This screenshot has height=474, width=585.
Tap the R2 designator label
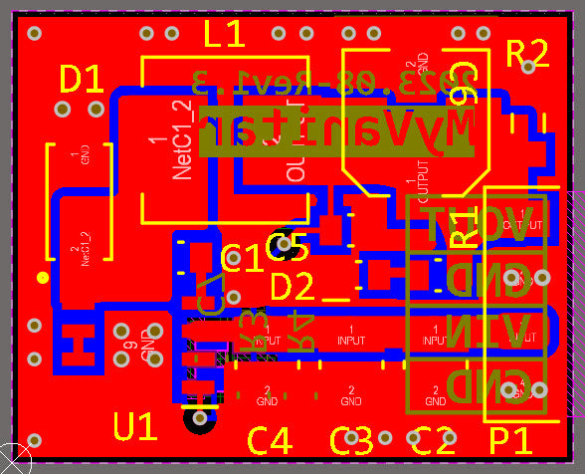527,53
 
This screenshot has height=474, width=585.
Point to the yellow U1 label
135,428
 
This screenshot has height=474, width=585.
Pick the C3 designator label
351,439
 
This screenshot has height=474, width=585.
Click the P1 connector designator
512,439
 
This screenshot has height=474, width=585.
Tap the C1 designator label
243,259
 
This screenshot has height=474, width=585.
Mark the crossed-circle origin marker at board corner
13,459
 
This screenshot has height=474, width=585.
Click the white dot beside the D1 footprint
42,277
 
